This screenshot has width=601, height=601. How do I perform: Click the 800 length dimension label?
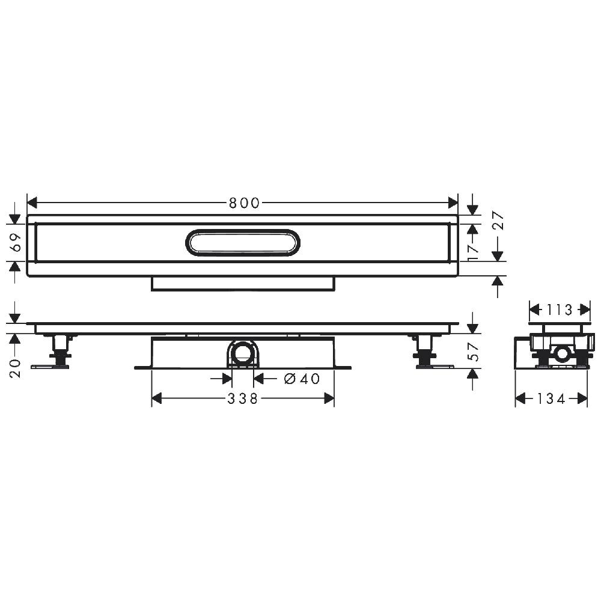(244, 203)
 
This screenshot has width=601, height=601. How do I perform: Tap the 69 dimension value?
(16, 243)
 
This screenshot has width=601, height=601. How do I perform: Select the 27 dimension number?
(498, 220)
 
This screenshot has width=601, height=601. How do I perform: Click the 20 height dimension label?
(16, 368)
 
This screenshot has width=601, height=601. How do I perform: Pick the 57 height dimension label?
(474, 352)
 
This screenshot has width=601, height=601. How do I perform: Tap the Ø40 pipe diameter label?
(302, 379)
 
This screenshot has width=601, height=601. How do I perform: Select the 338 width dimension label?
(243, 398)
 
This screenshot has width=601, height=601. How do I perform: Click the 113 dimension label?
(559, 310)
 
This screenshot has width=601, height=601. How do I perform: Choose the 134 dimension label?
(551, 398)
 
